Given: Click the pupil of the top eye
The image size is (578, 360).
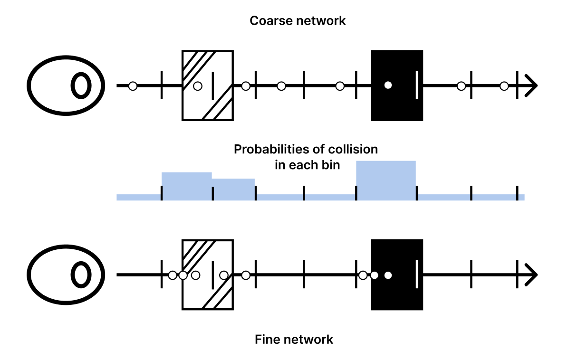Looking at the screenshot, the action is click(x=81, y=85).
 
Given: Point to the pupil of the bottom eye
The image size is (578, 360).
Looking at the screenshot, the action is click(x=81, y=275).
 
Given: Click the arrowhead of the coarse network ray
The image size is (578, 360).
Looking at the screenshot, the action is click(x=531, y=85).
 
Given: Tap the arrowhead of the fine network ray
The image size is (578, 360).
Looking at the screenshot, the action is click(x=531, y=275).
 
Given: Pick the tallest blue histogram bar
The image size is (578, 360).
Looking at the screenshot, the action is click(x=386, y=180).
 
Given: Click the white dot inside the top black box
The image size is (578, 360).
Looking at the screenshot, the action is click(x=388, y=85).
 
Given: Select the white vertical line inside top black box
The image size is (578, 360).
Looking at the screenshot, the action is click(x=417, y=85).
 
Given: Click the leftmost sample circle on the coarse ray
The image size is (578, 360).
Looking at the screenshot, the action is click(x=133, y=86).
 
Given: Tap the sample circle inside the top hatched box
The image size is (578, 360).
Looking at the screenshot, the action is click(x=198, y=86).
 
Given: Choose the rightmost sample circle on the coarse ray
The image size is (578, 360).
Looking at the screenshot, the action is click(x=504, y=86).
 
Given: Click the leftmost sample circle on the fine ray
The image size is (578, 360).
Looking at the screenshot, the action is click(x=173, y=275).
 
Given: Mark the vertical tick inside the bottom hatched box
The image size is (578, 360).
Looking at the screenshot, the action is click(x=212, y=275).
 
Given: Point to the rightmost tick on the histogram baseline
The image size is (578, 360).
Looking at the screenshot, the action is click(x=517, y=193).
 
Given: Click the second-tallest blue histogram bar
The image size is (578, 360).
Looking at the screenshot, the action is click(x=186, y=186).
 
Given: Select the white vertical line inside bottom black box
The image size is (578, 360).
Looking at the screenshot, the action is click(x=417, y=274).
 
